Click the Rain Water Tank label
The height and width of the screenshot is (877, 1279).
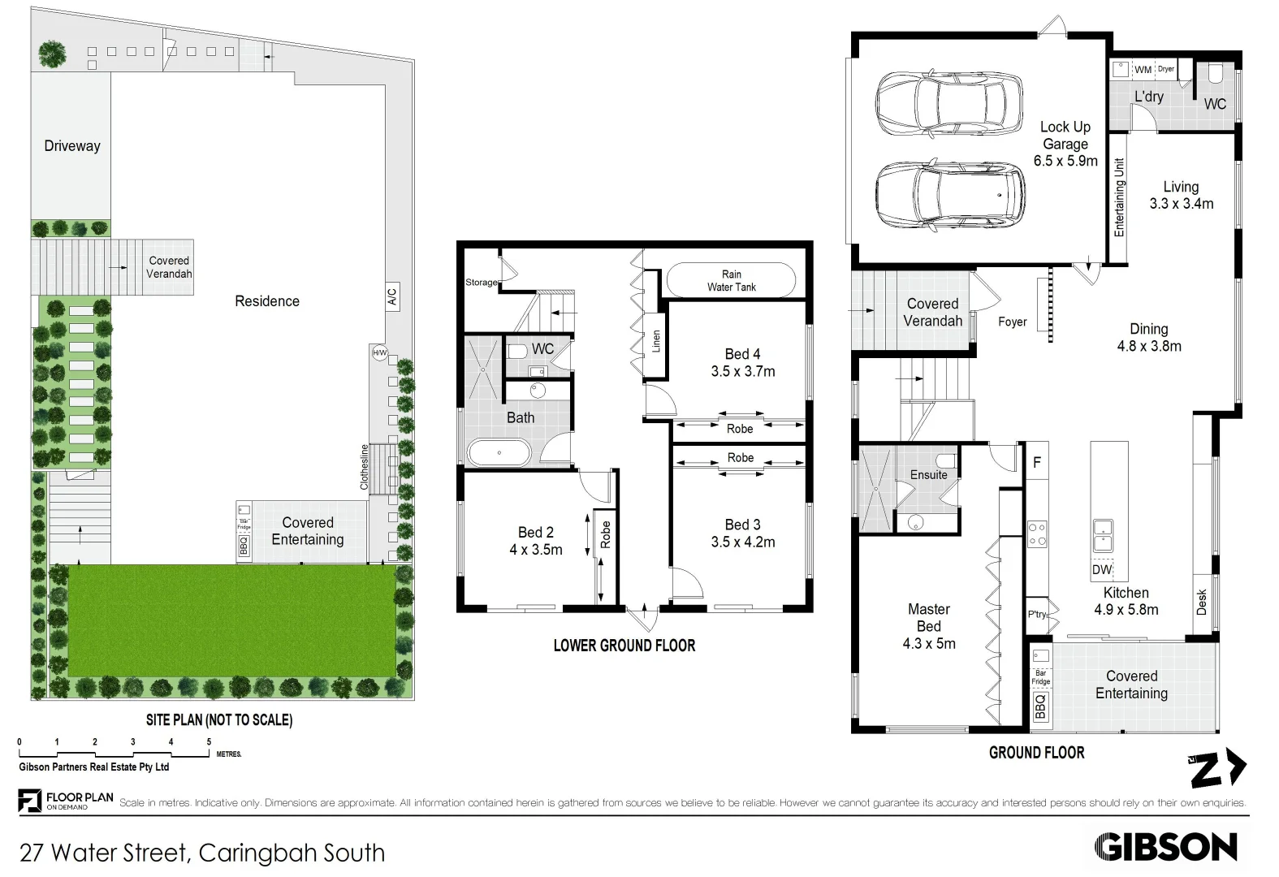click(x=731, y=281)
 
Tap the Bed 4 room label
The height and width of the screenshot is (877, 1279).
click(x=742, y=354)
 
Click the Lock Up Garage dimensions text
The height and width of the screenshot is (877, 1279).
click(x=1065, y=161)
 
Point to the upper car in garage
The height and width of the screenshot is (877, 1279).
click(x=948, y=103)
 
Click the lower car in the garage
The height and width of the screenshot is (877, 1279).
click(x=948, y=195)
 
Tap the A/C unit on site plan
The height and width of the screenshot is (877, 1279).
click(x=392, y=296)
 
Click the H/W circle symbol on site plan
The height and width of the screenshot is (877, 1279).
click(x=379, y=353)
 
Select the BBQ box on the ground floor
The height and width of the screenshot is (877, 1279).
click(x=1040, y=706)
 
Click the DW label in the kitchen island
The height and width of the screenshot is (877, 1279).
click(x=1101, y=570)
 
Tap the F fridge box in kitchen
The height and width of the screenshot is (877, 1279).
click(x=1036, y=463)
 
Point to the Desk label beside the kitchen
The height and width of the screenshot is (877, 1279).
click(x=1202, y=602)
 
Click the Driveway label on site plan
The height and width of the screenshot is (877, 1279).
click(x=72, y=146)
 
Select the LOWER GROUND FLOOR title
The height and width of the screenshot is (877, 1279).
click(x=624, y=646)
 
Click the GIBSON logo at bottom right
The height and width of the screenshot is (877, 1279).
click(x=1165, y=848)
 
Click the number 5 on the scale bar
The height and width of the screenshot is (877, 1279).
click(x=209, y=742)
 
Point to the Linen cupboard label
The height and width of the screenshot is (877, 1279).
click(x=656, y=341)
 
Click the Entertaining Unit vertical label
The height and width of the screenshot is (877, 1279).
click(x=1119, y=197)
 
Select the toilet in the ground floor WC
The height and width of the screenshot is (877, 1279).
click(x=1215, y=75)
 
